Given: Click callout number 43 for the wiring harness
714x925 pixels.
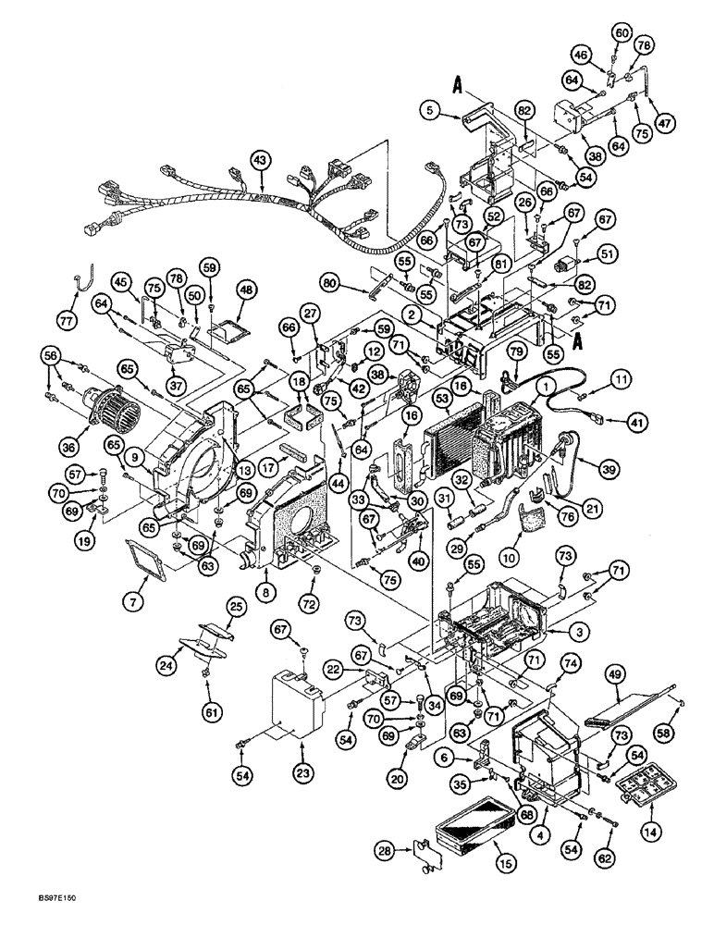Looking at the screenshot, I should [262, 161].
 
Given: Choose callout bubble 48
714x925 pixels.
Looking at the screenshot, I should [247, 291].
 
